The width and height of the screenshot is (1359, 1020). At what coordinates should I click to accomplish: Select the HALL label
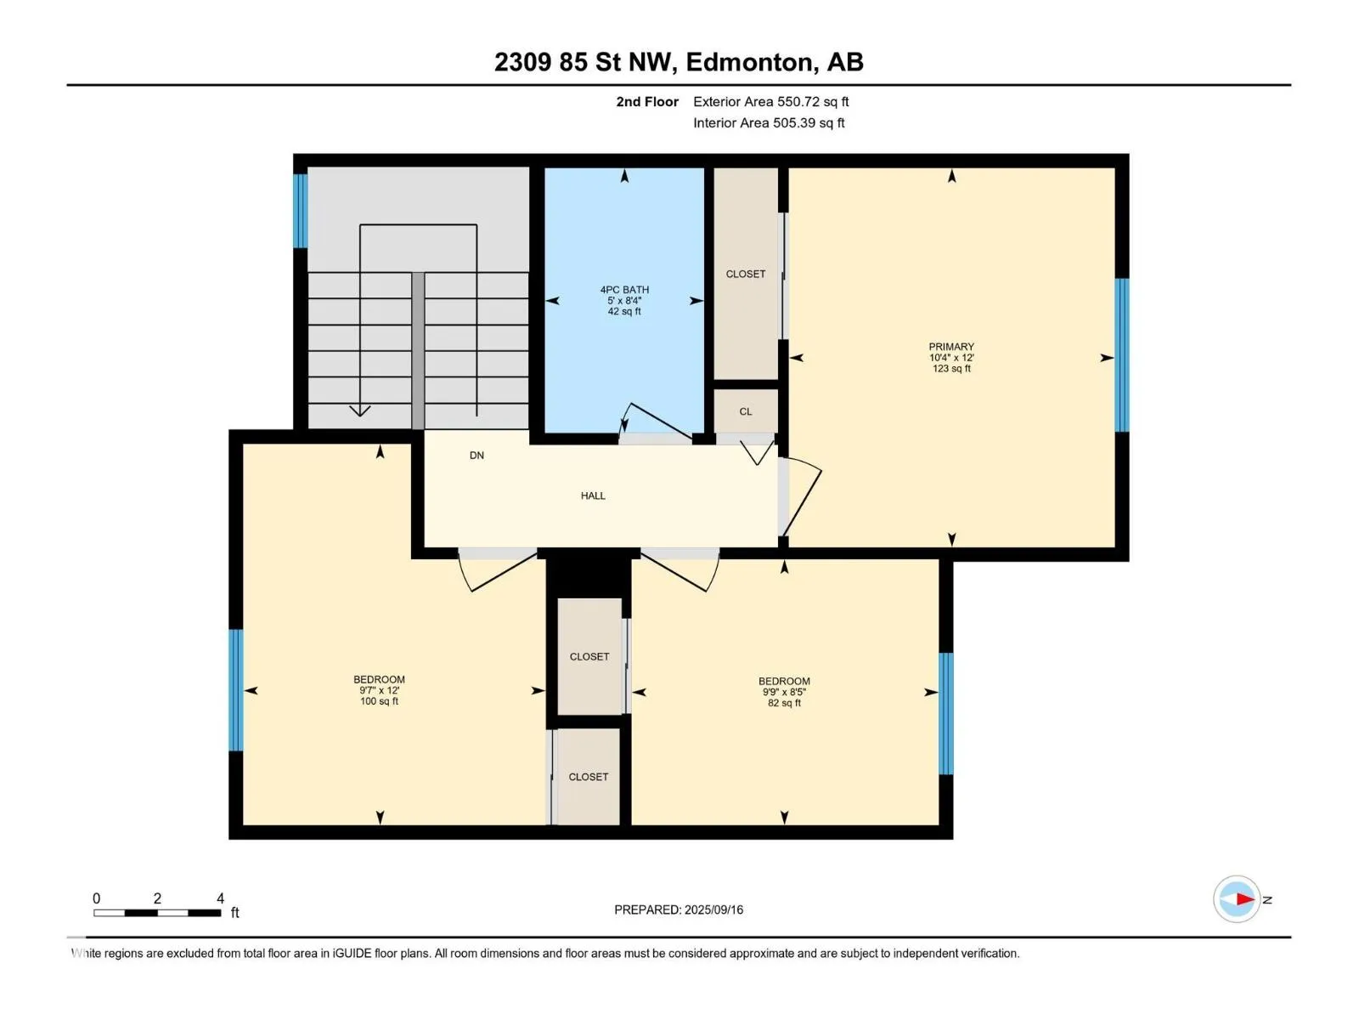(x=593, y=496)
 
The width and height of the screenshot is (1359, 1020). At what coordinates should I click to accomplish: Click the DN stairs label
(x=476, y=456)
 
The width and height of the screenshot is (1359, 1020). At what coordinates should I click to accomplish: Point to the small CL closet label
(x=746, y=412)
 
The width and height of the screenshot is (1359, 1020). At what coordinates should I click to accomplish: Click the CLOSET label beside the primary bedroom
(x=746, y=274)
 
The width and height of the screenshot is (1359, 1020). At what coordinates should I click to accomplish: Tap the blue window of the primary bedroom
(x=1121, y=354)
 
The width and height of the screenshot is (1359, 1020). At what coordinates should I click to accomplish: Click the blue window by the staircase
(x=300, y=211)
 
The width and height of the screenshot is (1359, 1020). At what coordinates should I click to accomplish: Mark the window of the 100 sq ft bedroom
(x=235, y=690)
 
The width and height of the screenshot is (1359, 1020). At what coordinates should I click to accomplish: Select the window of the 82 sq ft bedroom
(x=945, y=713)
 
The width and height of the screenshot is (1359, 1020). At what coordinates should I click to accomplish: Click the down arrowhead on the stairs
(x=360, y=411)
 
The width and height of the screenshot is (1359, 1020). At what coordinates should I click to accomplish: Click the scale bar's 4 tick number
(x=220, y=898)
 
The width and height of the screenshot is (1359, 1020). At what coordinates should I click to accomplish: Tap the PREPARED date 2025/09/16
(x=713, y=909)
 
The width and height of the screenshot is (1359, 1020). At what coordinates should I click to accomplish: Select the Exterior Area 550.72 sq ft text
(x=771, y=101)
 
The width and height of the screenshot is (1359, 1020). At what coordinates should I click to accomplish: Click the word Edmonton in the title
(x=749, y=62)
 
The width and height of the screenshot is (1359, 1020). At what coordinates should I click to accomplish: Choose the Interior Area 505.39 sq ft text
(x=769, y=122)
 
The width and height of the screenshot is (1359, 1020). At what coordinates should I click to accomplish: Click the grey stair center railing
(x=418, y=350)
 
